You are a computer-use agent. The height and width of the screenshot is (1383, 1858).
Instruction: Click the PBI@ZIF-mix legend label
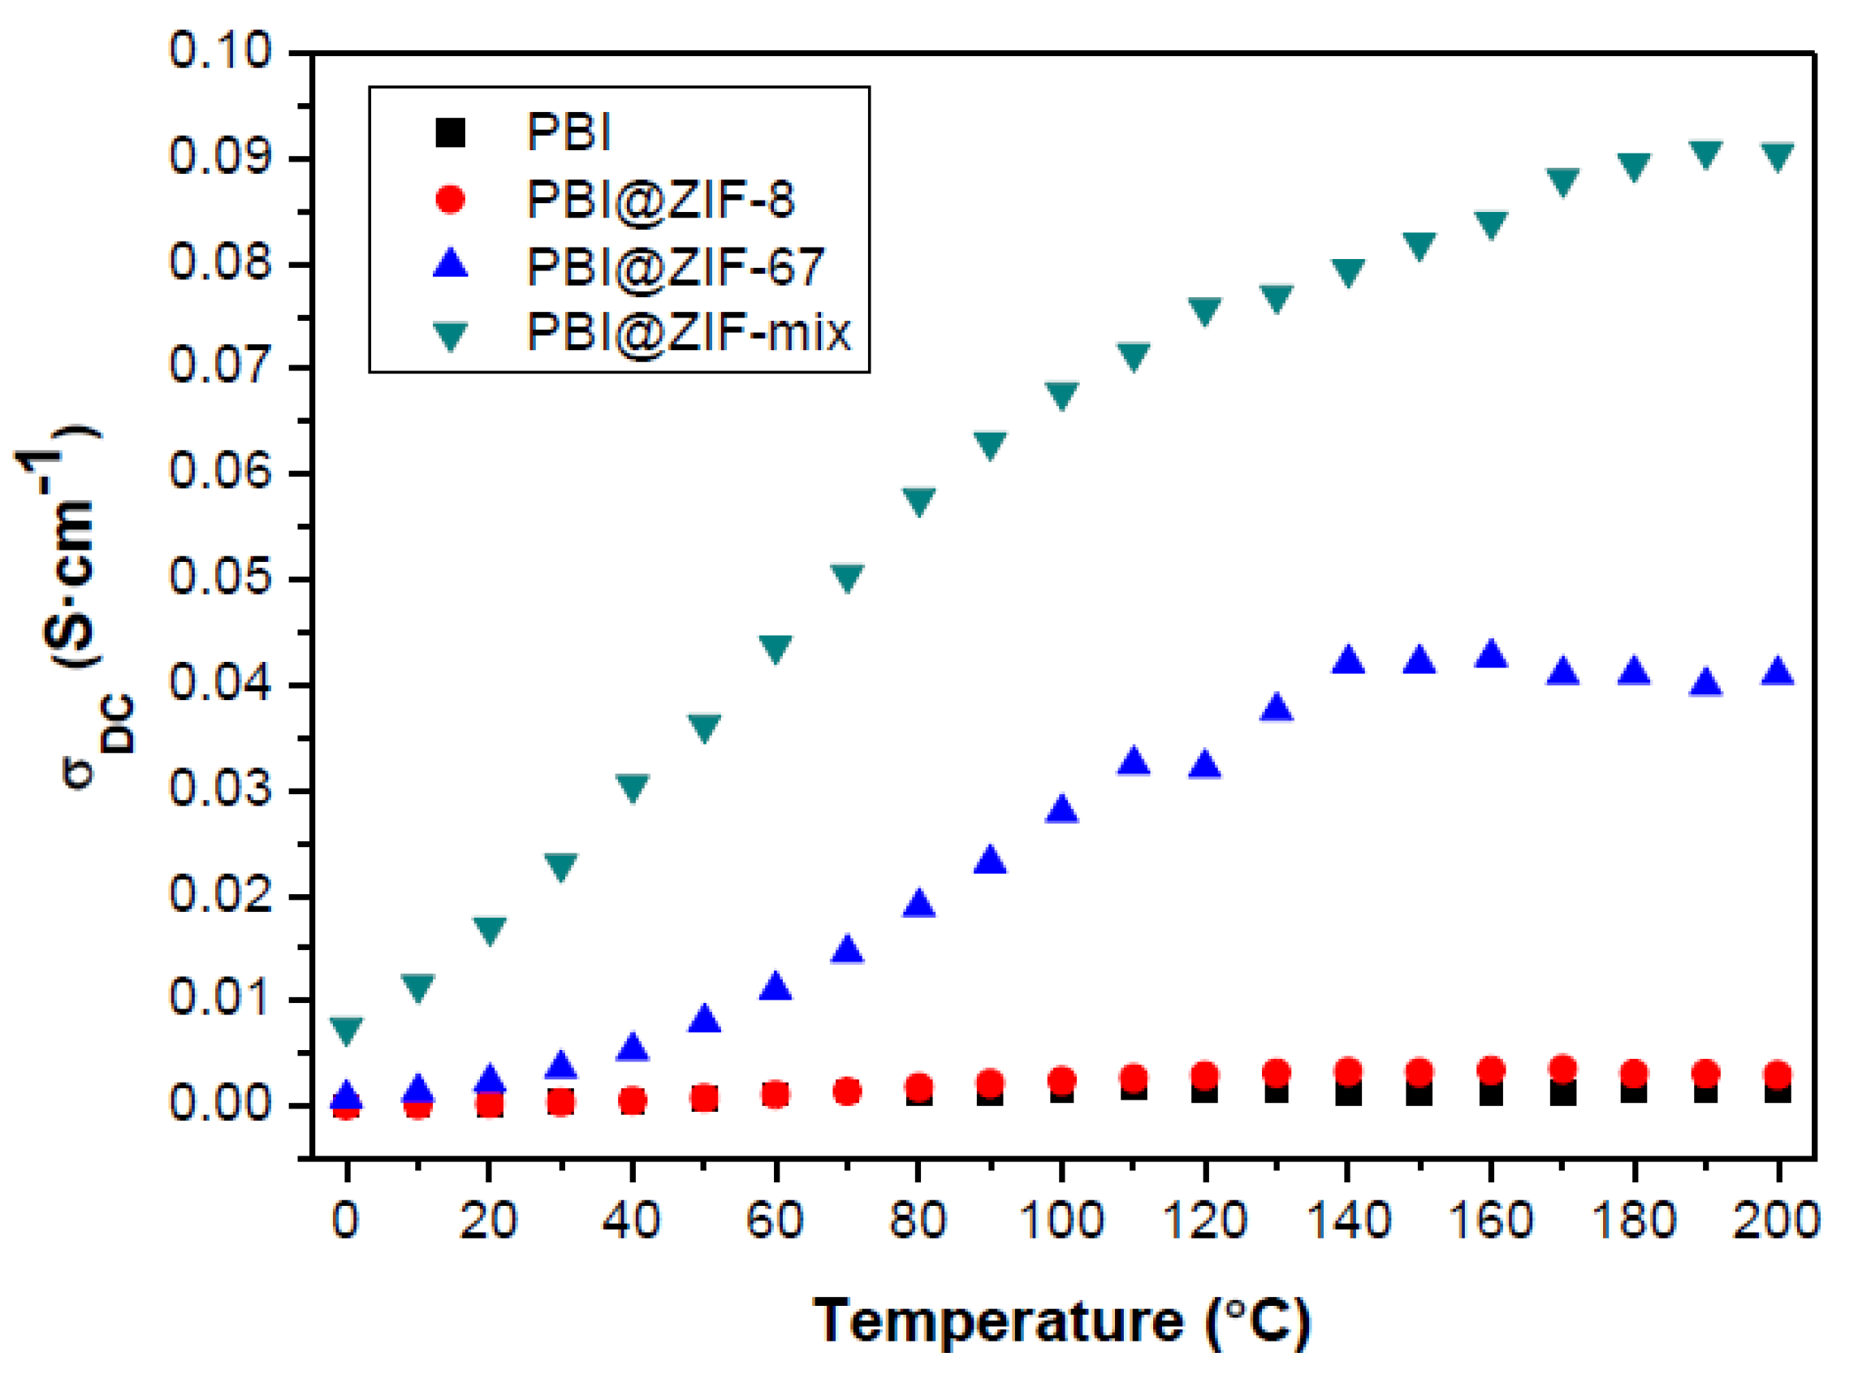click(x=688, y=332)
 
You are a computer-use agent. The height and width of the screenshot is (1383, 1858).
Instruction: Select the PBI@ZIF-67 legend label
click(x=675, y=266)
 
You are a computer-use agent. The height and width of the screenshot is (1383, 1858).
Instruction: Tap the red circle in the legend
click(x=450, y=199)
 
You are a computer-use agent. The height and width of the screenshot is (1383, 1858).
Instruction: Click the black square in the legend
click(x=450, y=132)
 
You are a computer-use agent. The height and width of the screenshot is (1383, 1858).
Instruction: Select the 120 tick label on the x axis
click(x=1204, y=1220)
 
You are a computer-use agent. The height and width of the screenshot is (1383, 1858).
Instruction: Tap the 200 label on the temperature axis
click(x=1777, y=1220)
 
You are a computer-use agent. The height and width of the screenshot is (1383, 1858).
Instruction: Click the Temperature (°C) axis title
click(x=1061, y=1321)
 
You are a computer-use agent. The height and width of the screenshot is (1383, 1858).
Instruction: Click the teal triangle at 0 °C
click(x=347, y=1029)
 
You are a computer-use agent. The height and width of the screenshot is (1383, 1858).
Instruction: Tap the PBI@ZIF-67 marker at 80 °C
click(x=919, y=902)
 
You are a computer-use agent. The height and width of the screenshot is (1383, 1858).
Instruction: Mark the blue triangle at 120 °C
click(x=1204, y=763)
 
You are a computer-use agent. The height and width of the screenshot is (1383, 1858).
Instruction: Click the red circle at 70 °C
click(x=847, y=1091)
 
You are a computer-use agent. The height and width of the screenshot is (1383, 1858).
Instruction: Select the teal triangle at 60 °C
click(x=776, y=648)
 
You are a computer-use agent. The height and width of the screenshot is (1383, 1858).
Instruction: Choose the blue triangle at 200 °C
click(x=1777, y=672)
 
